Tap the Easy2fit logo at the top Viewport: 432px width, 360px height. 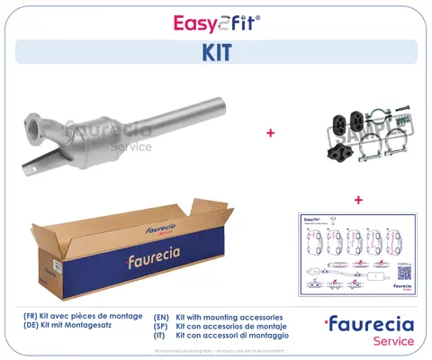[x=215, y=19]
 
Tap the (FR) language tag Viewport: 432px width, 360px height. [x=33, y=318]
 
